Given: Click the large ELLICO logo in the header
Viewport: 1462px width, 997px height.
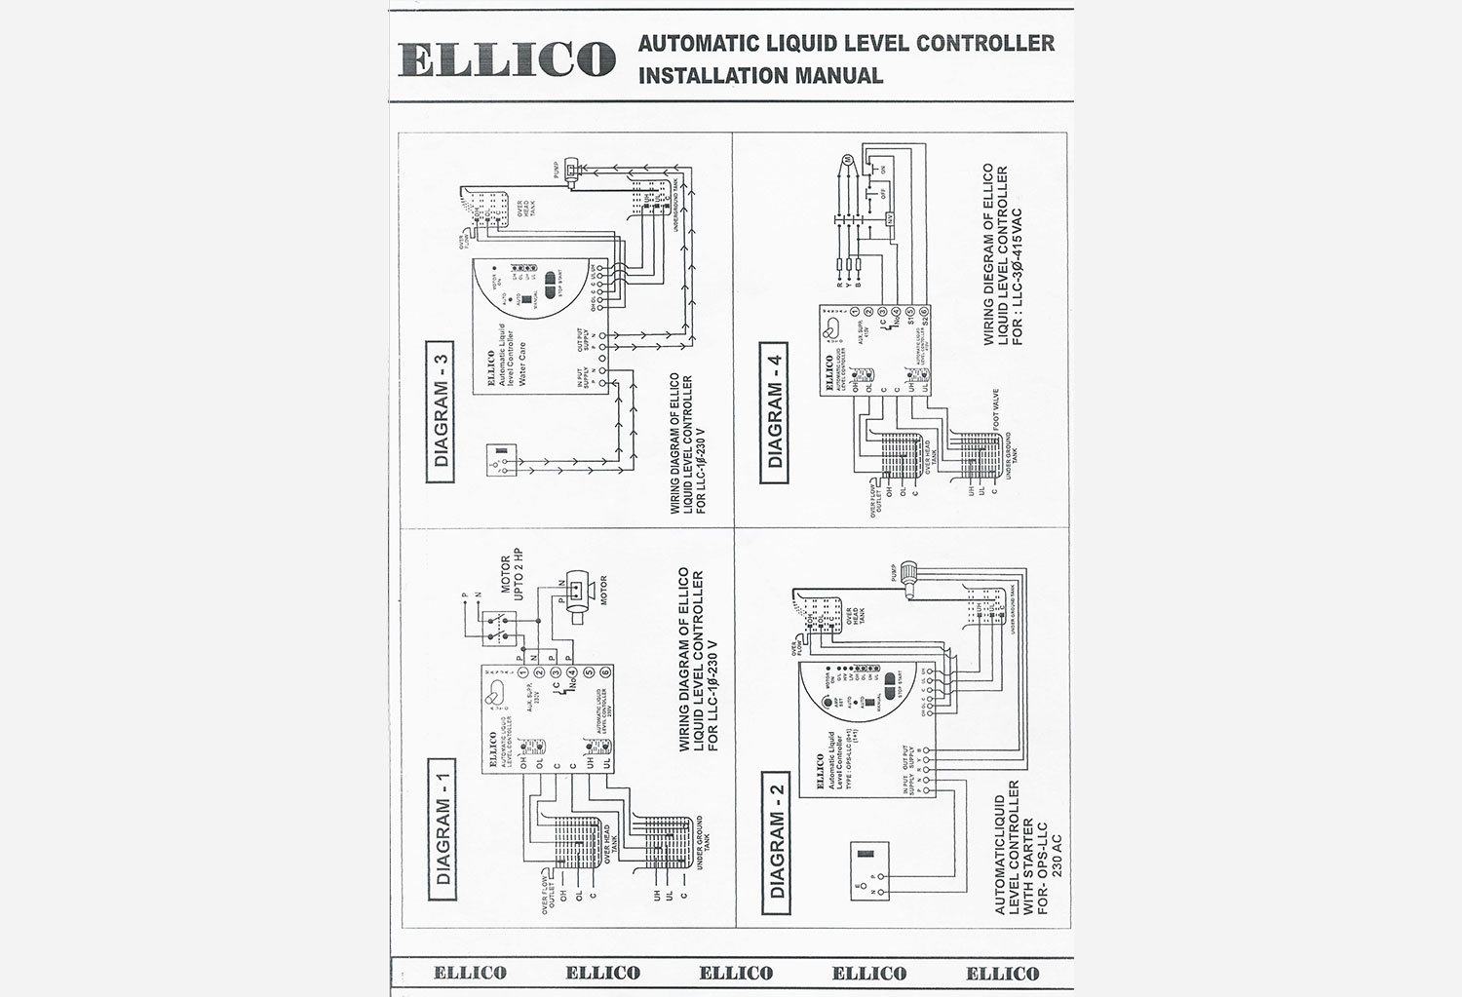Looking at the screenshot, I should (506, 58).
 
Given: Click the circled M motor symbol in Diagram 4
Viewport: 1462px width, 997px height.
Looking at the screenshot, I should (847, 159).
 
